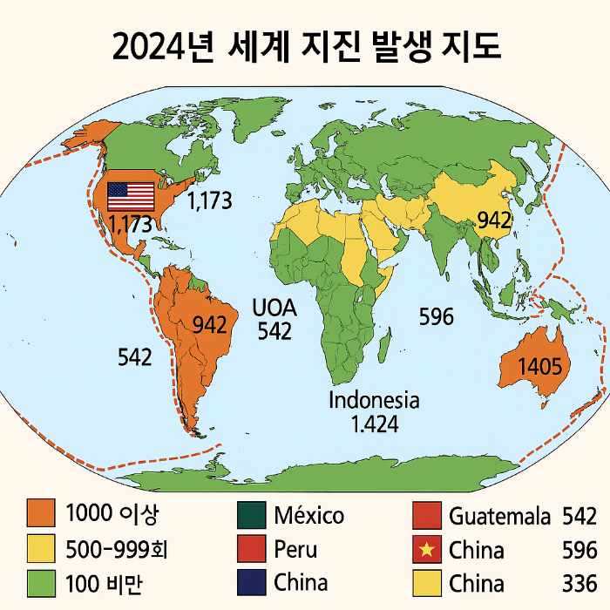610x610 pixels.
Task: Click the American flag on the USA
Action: pos(130,195)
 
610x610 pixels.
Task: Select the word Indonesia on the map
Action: pos(374,401)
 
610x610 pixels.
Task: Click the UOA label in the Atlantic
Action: pos(274,308)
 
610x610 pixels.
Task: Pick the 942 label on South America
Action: pos(209,325)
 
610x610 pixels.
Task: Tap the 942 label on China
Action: pos(493,221)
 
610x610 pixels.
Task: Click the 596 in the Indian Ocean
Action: pos(436,316)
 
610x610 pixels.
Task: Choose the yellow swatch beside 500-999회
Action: pos(40,549)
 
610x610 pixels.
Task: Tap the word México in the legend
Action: pos(308,516)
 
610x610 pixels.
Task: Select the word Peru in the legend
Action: pos(295,550)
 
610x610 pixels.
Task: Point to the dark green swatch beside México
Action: pos(249,516)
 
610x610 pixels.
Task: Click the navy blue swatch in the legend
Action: pos(249,582)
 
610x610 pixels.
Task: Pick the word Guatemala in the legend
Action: pos(499,516)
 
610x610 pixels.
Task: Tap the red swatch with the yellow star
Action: pos(425,550)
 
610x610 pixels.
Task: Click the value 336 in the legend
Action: pos(579,582)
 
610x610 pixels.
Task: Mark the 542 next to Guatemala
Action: pos(579,516)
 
